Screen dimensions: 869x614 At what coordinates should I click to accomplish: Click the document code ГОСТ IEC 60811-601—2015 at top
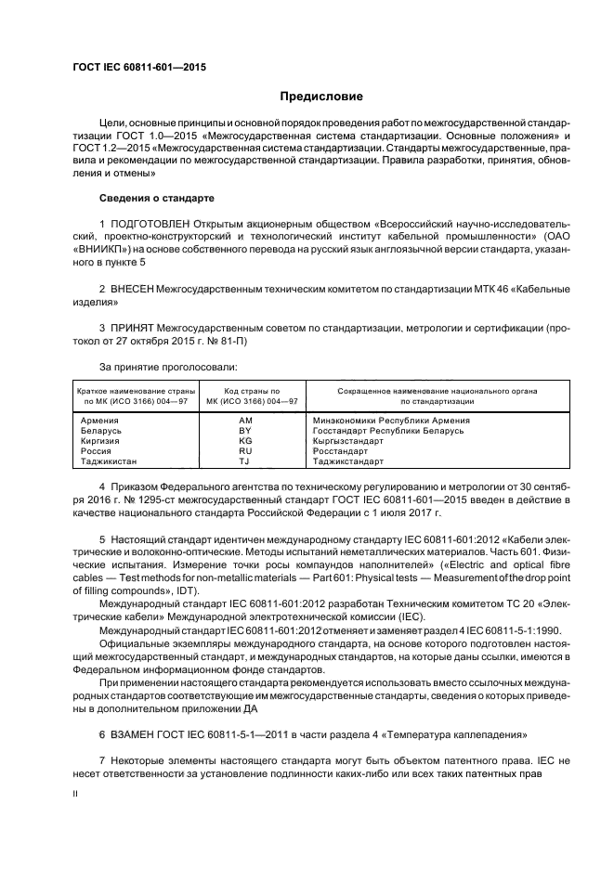(x=139, y=68)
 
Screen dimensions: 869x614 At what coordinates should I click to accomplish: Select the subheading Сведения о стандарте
(x=156, y=198)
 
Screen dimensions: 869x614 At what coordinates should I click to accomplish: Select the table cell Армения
(x=101, y=421)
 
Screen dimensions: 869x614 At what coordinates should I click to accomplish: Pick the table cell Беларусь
(x=103, y=431)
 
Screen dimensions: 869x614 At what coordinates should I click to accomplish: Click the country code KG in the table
(x=245, y=441)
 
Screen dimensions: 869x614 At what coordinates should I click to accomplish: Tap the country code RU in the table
(x=245, y=450)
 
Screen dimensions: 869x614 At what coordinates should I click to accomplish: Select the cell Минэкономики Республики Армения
(x=391, y=421)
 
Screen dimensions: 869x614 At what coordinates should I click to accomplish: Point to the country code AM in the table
(x=245, y=421)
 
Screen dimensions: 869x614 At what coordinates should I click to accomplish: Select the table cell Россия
(x=98, y=450)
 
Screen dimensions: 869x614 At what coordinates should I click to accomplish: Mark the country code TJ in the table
(x=245, y=460)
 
